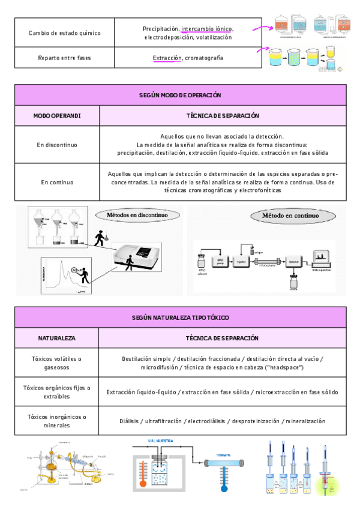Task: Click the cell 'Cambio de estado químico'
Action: (x=64, y=32)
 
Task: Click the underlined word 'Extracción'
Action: (x=167, y=58)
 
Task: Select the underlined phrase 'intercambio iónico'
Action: (x=207, y=28)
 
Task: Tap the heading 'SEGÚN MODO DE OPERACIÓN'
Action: (x=180, y=95)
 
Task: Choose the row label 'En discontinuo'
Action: (x=57, y=145)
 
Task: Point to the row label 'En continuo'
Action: (x=57, y=181)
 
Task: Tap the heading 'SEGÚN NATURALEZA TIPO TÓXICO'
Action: (x=180, y=318)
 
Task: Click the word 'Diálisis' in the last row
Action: (x=132, y=421)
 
